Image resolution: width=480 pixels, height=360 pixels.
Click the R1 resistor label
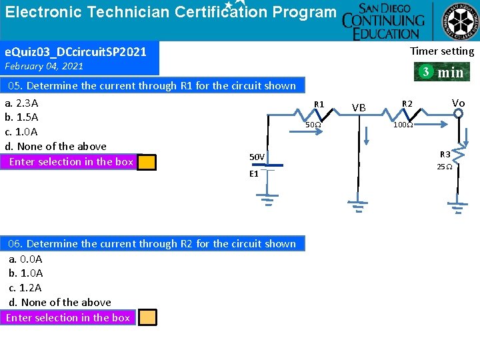point(319,105)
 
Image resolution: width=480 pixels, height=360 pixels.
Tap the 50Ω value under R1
point(313,125)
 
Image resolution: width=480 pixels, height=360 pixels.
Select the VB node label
point(359,107)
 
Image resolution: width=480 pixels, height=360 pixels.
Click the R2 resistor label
point(407,103)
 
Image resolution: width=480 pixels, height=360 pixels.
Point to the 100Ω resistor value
point(402,125)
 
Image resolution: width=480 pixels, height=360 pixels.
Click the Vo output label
point(458,103)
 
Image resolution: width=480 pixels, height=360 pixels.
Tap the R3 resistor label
point(445,155)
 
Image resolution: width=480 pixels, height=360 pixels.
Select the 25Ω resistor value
point(445,167)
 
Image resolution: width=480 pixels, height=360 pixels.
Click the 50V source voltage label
point(257,157)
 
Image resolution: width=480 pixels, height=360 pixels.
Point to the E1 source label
point(253,173)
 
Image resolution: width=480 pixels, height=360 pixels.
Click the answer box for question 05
point(147,162)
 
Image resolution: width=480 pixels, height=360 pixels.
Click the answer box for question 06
point(147,317)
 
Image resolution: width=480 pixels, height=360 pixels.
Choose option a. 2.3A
point(21,103)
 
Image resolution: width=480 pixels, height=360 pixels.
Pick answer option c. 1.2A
point(25,287)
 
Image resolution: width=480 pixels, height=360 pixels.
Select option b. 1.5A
point(21,117)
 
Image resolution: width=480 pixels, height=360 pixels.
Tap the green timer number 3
point(425,71)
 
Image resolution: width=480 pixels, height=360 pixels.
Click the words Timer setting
point(442,51)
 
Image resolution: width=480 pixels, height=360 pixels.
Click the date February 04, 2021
point(44,66)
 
